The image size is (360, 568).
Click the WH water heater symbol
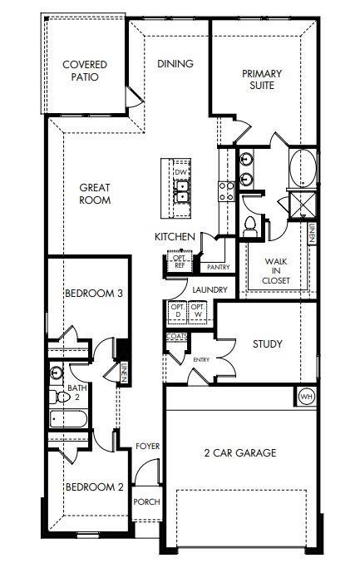(305, 396)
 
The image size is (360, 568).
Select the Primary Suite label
(262, 79)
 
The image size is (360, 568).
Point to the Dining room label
(175, 63)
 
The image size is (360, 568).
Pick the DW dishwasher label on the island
(179, 172)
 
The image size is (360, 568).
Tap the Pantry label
(218, 267)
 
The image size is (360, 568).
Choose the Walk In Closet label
(276, 271)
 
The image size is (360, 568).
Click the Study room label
(267, 343)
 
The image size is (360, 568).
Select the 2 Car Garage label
(240, 452)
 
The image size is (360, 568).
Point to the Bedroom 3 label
(94, 293)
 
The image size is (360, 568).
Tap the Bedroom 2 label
(94, 487)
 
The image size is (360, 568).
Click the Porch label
(146, 501)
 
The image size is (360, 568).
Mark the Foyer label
(147, 447)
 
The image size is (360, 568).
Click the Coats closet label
(176, 337)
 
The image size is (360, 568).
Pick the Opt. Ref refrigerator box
(179, 261)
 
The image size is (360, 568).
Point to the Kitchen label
(175, 237)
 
